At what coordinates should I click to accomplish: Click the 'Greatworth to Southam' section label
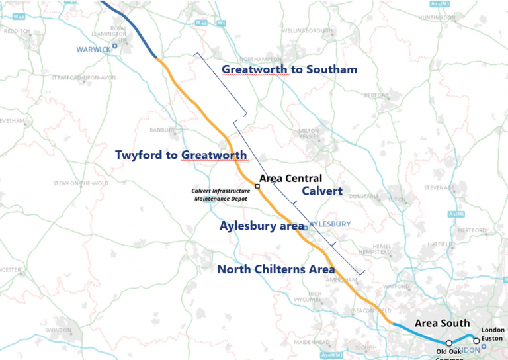click(x=289, y=69)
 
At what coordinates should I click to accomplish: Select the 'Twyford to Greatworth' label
click(x=181, y=155)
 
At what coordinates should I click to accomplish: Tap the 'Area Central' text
click(x=290, y=178)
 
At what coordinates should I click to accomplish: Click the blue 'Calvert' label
click(x=322, y=191)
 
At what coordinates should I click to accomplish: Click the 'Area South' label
click(x=442, y=323)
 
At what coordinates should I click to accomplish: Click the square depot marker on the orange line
click(x=257, y=187)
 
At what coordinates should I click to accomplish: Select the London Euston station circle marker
click(x=476, y=341)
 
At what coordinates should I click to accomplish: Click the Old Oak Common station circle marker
click(x=449, y=343)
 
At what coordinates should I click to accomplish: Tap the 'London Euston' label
click(x=493, y=334)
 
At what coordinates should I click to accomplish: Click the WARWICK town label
click(x=90, y=48)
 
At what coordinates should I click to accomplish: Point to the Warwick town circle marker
click(x=114, y=46)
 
